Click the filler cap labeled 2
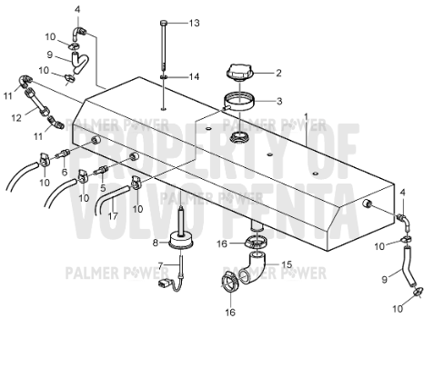point(238,73)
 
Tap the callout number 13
point(195,23)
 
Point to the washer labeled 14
point(164,77)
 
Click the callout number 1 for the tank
point(306,117)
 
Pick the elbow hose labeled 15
point(253,268)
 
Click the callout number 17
point(113,216)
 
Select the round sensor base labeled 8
point(181,241)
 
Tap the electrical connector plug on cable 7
point(163,283)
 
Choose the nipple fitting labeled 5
point(101,170)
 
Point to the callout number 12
point(16,117)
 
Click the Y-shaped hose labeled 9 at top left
point(79,63)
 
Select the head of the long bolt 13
point(164,23)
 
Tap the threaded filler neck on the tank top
point(239,137)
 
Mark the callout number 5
point(103,188)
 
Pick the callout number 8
point(156,243)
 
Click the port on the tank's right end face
point(368,204)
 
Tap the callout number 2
point(278,73)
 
